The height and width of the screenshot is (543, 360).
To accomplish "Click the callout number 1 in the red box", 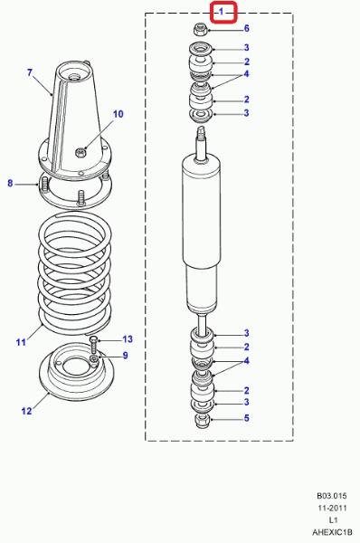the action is [x=222, y=12].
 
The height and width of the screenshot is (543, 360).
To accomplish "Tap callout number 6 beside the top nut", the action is [x=246, y=28].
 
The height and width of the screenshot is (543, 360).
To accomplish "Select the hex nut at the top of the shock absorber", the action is [x=200, y=30].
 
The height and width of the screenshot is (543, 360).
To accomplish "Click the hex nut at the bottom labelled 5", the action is [x=202, y=421].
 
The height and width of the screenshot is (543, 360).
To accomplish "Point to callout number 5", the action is [x=246, y=418].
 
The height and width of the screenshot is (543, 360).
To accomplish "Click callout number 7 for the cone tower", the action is [x=30, y=72].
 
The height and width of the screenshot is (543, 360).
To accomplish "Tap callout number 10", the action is [x=118, y=114].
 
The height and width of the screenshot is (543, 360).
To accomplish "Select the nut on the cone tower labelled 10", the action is [x=81, y=152].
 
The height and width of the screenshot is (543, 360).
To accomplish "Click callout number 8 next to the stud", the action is [x=10, y=183].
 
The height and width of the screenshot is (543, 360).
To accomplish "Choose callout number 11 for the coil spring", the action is [x=21, y=342].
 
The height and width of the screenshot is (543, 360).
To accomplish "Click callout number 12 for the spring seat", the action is [x=26, y=411].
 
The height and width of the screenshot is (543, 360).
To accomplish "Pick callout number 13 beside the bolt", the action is [x=128, y=339].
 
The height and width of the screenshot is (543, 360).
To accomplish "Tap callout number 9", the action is [x=126, y=356].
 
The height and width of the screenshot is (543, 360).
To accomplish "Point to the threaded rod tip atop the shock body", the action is [x=201, y=132].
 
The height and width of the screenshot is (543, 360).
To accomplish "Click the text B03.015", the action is [x=332, y=496].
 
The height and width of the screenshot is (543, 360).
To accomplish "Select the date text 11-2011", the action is [x=332, y=508].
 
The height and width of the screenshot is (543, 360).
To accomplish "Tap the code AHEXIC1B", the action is [x=332, y=532].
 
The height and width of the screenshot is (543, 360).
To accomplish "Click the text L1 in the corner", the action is [x=333, y=519].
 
